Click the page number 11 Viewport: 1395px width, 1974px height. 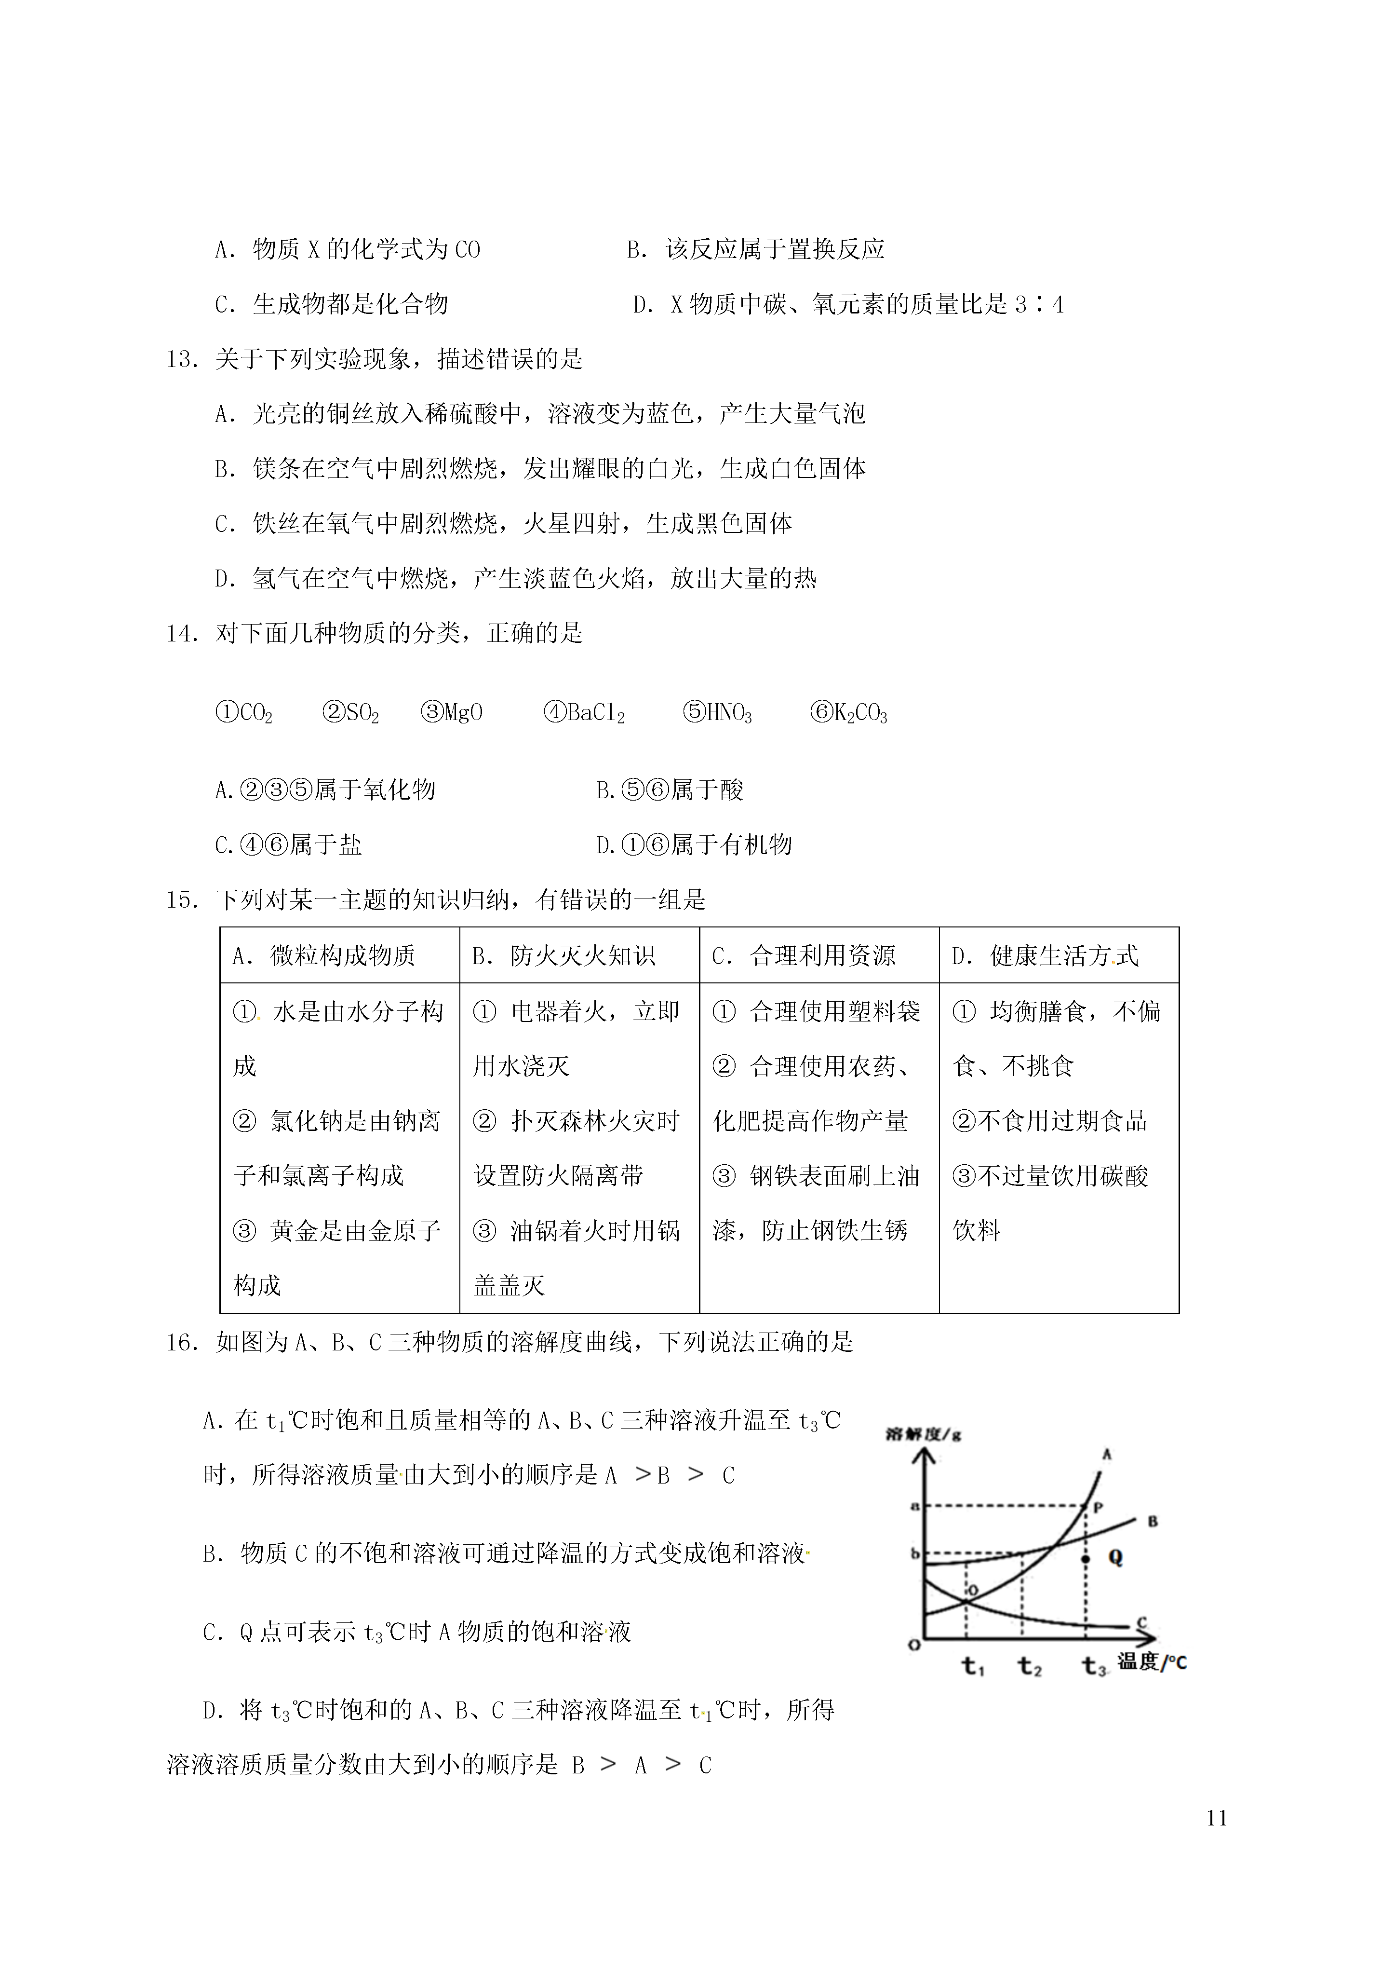[x=1216, y=1818]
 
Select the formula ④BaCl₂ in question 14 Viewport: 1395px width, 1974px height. [x=585, y=713]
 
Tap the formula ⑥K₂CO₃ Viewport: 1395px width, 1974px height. [x=848, y=713]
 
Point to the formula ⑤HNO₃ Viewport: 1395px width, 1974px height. [x=717, y=713]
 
